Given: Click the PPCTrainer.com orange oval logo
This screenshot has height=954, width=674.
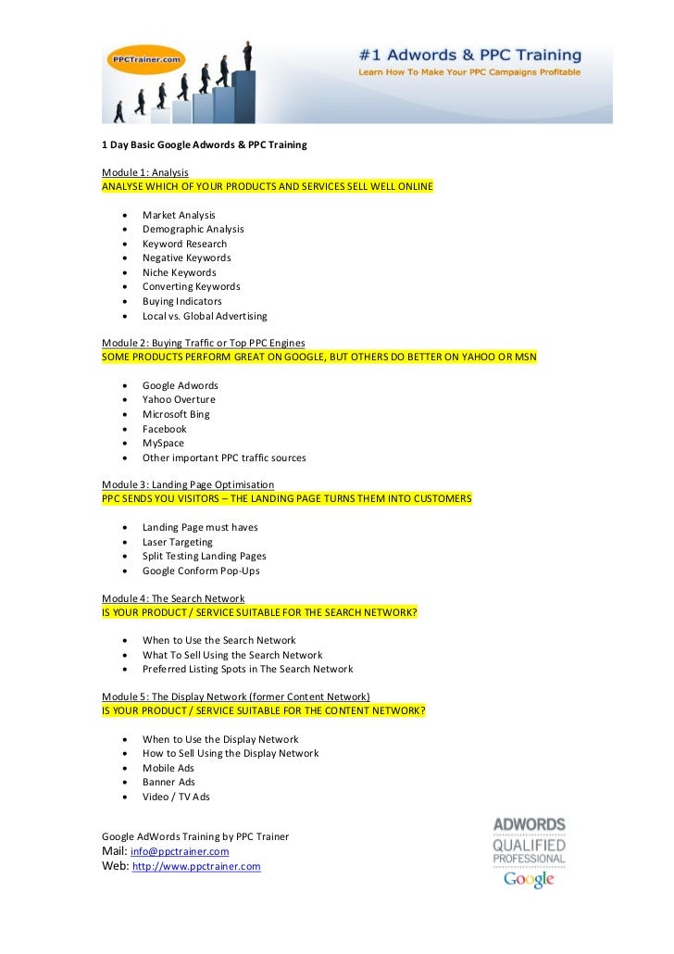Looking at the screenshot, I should tap(146, 57).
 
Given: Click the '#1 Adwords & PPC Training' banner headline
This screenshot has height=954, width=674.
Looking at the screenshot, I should tap(470, 56).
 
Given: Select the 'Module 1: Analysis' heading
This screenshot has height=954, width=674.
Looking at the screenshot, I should tap(145, 172).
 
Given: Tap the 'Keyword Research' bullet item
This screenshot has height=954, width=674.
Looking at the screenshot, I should tap(184, 244).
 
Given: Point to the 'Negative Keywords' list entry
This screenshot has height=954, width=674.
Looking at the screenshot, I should tap(186, 257).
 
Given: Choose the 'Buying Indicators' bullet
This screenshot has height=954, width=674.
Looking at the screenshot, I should tap(181, 301).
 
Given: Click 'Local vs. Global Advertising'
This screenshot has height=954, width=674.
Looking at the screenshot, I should tap(205, 316).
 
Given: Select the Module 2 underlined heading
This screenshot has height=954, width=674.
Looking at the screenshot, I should tap(204, 343).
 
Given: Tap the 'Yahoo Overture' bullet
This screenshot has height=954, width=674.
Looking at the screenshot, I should tap(179, 399).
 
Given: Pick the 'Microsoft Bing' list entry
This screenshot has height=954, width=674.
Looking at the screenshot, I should tap(176, 414).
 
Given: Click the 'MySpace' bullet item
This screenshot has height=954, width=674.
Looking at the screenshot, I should tap(163, 443).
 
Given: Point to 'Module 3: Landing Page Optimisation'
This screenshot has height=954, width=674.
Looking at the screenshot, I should tap(188, 484).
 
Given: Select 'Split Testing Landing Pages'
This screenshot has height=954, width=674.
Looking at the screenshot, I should tap(204, 556).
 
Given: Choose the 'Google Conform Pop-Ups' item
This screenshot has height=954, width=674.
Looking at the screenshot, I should tap(201, 571).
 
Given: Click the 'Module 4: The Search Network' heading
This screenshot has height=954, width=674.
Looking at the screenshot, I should tap(173, 598).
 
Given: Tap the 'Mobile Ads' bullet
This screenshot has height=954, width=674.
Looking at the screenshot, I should tap(168, 768).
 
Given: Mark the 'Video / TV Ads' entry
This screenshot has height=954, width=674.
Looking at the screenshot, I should tap(176, 797).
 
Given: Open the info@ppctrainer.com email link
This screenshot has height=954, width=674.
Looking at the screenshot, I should tap(180, 851).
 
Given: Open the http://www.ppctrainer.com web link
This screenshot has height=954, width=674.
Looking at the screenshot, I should tap(196, 867).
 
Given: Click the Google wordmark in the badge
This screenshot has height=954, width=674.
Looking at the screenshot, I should tap(529, 878).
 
